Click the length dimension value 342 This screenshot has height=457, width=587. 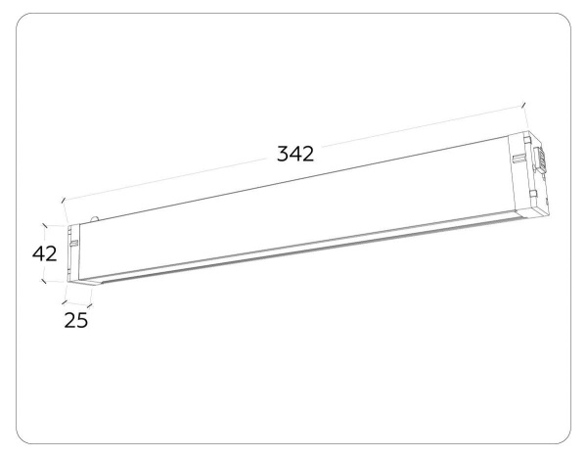(294, 154)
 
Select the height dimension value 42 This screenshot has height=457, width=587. (44, 253)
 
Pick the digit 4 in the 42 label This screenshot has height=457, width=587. (37, 253)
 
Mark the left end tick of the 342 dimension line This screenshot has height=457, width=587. (64, 202)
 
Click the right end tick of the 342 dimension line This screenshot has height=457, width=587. (523, 105)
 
